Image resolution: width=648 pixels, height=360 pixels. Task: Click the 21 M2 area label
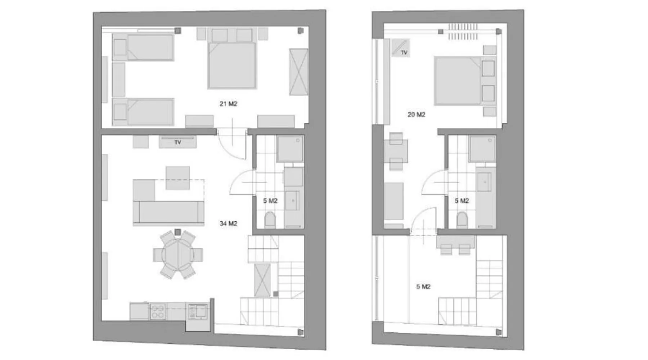pyautogui.click(x=228, y=104)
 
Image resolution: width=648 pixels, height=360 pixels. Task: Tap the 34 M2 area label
pyautogui.click(x=228, y=224)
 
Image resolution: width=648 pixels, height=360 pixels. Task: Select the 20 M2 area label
pyautogui.click(x=416, y=114)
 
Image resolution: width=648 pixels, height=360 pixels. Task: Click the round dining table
pyautogui.click(x=178, y=255)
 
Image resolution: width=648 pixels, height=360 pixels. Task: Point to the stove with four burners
pyautogui.click(x=158, y=312)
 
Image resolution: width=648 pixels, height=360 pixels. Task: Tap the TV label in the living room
pyautogui.click(x=178, y=143)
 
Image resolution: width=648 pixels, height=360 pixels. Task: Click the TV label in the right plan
pyautogui.click(x=404, y=53)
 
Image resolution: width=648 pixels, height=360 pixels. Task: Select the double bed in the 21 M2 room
pyautogui.click(x=232, y=65)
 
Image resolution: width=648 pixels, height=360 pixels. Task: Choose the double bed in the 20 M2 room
pyautogui.click(x=464, y=81)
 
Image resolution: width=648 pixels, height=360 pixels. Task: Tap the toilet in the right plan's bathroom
pyautogui.click(x=462, y=220)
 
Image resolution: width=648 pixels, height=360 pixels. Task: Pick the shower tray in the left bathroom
pyautogui.click(x=290, y=149)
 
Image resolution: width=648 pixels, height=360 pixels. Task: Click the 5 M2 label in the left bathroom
pyautogui.click(x=270, y=201)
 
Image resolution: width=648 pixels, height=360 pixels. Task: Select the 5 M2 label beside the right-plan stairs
pyautogui.click(x=423, y=287)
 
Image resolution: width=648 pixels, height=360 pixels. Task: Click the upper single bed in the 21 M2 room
pyautogui.click(x=143, y=47)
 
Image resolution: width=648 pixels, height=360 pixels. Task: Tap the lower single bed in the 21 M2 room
pyautogui.click(x=143, y=112)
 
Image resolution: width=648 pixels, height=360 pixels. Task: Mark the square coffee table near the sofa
pyautogui.click(x=178, y=178)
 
